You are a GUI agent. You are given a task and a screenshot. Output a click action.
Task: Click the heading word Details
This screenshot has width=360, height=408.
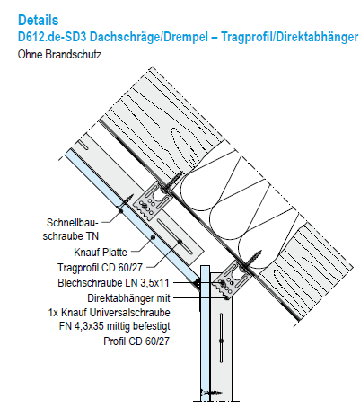[x=39, y=21]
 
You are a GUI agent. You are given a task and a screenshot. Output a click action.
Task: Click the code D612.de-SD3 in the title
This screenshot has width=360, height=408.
[x=52, y=37]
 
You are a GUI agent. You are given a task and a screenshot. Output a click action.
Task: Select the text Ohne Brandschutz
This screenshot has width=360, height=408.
[x=59, y=55]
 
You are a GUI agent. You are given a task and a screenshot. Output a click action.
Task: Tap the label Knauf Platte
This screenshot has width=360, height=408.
[x=101, y=253]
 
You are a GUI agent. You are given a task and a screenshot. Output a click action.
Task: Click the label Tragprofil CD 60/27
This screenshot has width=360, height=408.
[x=100, y=267]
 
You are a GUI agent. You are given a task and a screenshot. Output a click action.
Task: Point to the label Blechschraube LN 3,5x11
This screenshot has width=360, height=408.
[x=114, y=283]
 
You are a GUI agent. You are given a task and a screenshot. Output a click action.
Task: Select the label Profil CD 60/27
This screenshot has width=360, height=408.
[x=136, y=341]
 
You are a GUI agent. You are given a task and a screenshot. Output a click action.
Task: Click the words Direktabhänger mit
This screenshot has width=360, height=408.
[x=128, y=298]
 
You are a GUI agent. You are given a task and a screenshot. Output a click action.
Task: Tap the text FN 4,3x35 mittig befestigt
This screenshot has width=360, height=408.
[x=115, y=326]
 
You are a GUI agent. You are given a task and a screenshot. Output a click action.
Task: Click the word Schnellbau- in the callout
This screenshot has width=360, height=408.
[x=73, y=223]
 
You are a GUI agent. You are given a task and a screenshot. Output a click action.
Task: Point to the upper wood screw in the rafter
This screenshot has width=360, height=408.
[x=172, y=182]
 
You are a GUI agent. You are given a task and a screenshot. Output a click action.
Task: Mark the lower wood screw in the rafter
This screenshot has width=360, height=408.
[x=250, y=259]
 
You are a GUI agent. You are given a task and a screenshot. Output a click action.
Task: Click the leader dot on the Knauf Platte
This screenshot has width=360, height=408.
[x=153, y=237]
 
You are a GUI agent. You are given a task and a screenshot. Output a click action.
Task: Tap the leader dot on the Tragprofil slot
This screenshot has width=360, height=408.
[x=180, y=241]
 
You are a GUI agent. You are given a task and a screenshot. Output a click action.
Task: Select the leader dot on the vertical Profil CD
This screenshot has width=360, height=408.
[x=222, y=341]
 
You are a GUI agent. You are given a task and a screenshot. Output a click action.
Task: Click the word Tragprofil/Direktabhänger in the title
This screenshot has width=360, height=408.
[x=290, y=37]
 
